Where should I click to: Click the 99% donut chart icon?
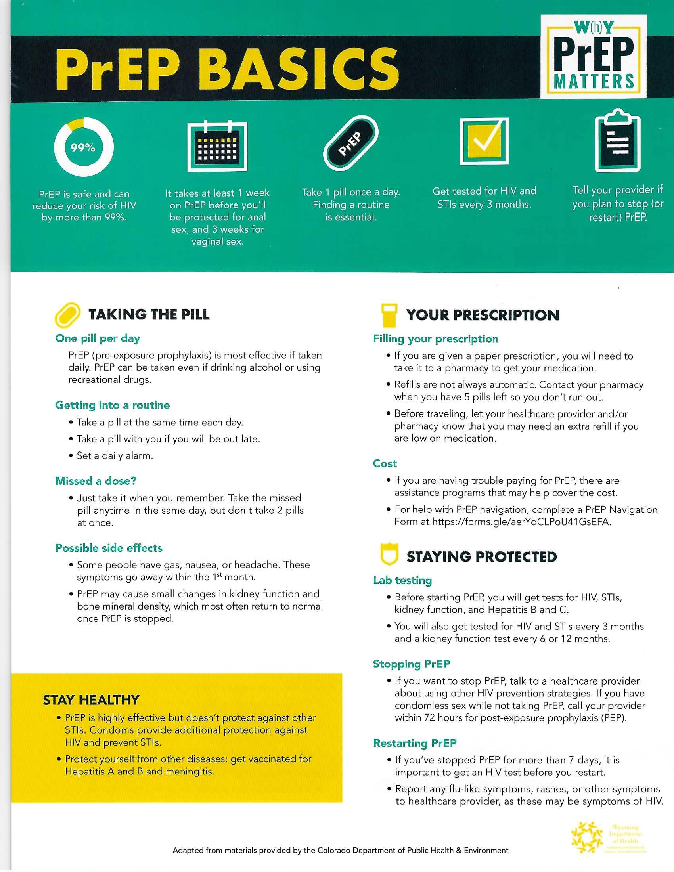point(83,147)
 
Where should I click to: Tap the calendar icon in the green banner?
point(217,147)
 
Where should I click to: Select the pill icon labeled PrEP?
point(350,143)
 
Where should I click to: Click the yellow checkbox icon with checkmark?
point(484,141)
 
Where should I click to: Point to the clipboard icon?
point(617,141)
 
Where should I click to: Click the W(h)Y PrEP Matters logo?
point(594,57)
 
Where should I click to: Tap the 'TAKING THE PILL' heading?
point(149,315)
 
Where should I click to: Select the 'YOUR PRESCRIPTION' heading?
point(483,315)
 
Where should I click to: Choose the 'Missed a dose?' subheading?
point(96,481)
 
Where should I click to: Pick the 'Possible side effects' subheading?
point(109,548)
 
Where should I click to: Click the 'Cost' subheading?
point(385,464)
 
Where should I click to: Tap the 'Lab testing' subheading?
point(402,581)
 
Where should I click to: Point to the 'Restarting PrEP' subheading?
point(415,744)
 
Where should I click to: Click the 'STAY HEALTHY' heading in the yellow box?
point(91,700)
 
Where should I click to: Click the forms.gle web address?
point(521,522)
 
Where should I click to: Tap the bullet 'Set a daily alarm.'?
point(115,456)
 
